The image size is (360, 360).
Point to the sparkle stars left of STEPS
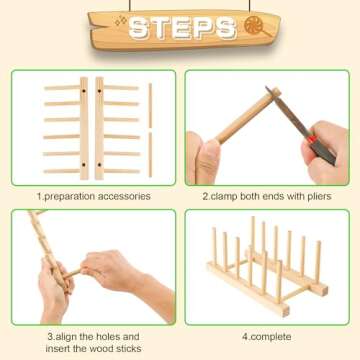point(97,22)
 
